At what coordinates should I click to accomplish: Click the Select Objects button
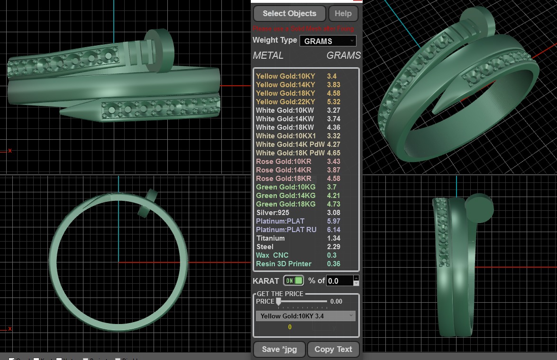[x=289, y=13]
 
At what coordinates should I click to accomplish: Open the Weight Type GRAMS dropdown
[x=328, y=41]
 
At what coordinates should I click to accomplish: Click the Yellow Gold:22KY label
[x=285, y=102]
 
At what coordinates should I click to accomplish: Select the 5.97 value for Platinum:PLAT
[x=334, y=221]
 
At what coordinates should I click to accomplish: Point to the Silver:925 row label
[x=273, y=213]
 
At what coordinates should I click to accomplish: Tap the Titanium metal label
[x=270, y=238]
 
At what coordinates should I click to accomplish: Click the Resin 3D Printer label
[x=283, y=264]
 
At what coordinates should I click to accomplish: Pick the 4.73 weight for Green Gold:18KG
[x=334, y=204]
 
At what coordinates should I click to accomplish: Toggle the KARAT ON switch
[x=293, y=280]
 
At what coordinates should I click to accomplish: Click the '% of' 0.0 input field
[x=339, y=281]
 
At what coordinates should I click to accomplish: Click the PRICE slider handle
[x=279, y=301]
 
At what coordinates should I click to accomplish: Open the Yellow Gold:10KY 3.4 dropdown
[x=306, y=316]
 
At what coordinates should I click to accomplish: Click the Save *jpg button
[x=279, y=350]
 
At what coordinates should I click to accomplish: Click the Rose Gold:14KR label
[x=283, y=170]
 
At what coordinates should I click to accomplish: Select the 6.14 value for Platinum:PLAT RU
[x=334, y=230]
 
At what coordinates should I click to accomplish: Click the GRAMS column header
[x=344, y=55]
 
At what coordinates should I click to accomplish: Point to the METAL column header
[x=268, y=55]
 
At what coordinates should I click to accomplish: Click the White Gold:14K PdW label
[x=290, y=144]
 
